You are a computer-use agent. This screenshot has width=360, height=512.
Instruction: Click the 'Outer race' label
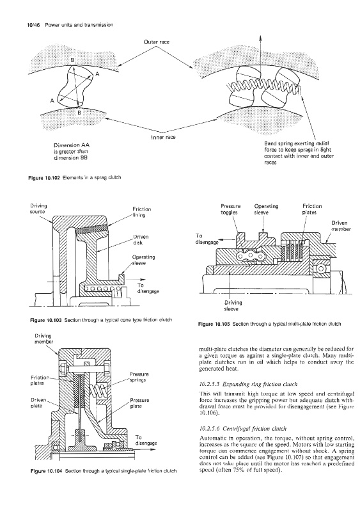pyautogui.click(x=156, y=42)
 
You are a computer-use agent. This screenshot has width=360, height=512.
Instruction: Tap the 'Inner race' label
pyautogui.click(x=163, y=137)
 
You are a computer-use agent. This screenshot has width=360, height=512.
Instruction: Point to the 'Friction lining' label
pyautogui.click(x=142, y=212)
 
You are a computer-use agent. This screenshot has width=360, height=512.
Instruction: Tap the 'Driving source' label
pyautogui.click(x=38, y=209)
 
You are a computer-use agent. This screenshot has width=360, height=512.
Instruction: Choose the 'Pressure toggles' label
pyautogui.click(x=230, y=209)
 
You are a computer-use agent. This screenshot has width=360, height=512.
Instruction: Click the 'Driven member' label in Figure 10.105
pyautogui.click(x=341, y=226)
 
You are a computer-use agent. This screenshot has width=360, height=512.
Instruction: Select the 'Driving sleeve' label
pyautogui.click(x=233, y=306)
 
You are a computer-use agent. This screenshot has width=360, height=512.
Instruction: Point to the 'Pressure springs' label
pyautogui.click(x=139, y=377)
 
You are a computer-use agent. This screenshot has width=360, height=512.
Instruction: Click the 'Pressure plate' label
pyautogui.click(x=139, y=403)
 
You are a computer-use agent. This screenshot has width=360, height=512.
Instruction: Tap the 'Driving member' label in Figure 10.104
pyautogui.click(x=43, y=339)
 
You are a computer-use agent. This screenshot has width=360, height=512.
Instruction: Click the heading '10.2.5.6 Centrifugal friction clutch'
pyautogui.click(x=243, y=429)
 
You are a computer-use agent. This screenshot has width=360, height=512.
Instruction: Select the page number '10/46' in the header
pyautogui.click(x=33, y=25)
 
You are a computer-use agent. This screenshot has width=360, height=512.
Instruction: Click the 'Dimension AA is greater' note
pyautogui.click(x=71, y=152)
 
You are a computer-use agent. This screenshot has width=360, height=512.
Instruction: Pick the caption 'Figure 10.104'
pyautogui.click(x=46, y=471)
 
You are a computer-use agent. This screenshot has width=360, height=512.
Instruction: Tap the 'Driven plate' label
pyautogui.click(x=38, y=403)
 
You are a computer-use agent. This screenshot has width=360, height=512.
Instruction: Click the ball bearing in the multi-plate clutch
pyautogui.click(x=320, y=269)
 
